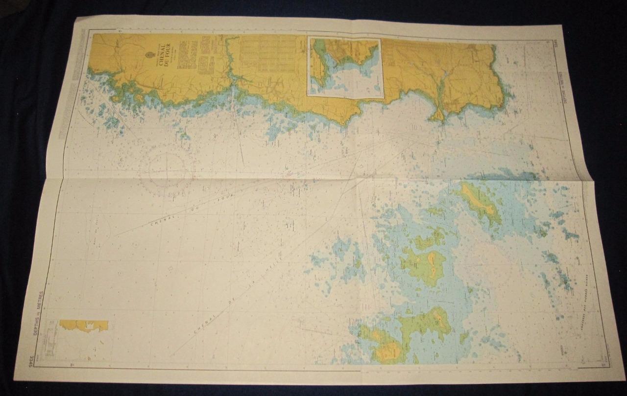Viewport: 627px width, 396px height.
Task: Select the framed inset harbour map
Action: [x=344, y=67]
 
